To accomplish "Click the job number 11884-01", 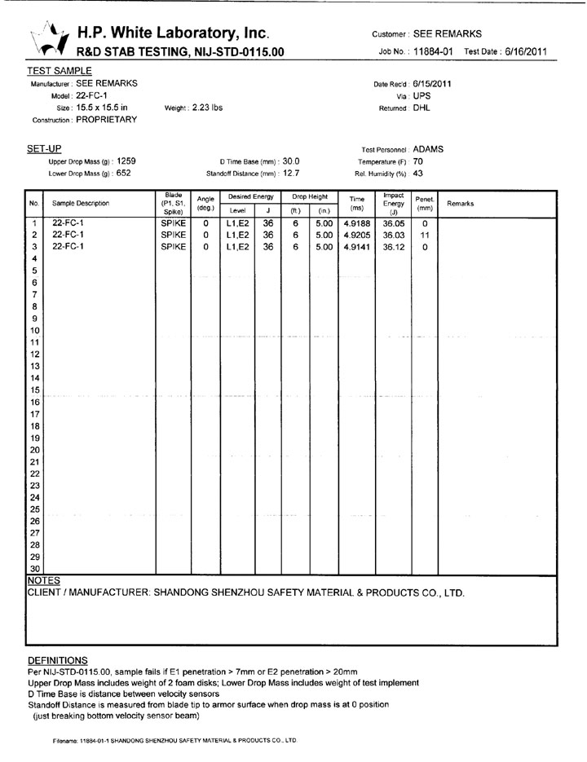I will [x=434, y=52].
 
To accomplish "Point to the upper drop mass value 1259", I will [x=125, y=161].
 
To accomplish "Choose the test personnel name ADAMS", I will [x=430, y=150].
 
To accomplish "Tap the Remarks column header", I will [x=460, y=204].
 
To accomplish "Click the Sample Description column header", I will [x=81, y=204].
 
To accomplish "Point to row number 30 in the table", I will [x=35, y=568].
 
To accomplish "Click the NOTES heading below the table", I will [x=44, y=580].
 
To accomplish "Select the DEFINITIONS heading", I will [x=57, y=659].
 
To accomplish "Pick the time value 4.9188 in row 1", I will [x=357, y=222].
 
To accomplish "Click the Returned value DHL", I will [x=421, y=107].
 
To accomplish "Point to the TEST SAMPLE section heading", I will [x=60, y=71].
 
